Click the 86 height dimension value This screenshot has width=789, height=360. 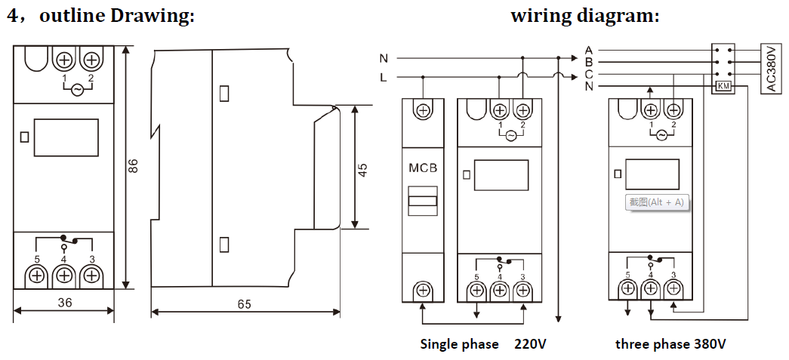(134, 166)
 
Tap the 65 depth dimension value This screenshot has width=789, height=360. (244, 304)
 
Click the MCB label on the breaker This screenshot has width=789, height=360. (423, 168)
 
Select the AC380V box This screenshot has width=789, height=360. (771, 68)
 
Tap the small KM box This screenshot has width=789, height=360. (723, 87)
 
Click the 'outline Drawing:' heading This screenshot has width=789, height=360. (116, 16)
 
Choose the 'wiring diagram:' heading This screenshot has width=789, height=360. (584, 16)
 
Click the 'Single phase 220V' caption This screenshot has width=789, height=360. (483, 344)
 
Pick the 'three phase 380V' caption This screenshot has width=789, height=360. (670, 344)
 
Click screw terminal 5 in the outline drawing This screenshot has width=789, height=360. (36, 275)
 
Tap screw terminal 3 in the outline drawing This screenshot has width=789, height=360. (91, 275)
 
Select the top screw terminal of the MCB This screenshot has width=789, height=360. (423, 110)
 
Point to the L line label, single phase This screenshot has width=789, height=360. (384, 77)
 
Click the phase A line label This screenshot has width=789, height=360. (589, 50)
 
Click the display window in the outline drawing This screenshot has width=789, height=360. (66, 137)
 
